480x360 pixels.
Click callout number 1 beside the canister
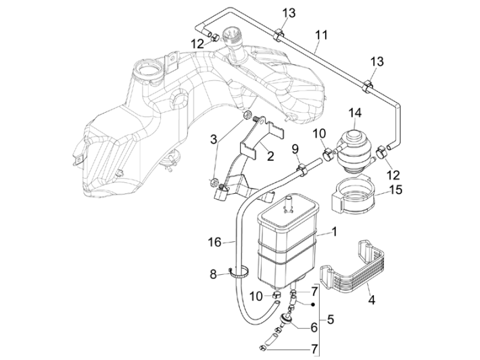coord(335,232)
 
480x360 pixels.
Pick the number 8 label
coord(214,274)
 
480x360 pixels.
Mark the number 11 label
coord(321,34)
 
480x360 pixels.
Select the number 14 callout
coord(355,113)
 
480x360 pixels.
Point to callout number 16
coord(214,242)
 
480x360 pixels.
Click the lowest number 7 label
coord(312,349)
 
